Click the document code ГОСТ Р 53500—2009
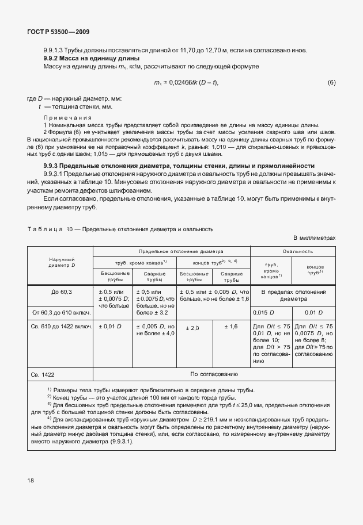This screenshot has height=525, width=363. [x=58, y=32]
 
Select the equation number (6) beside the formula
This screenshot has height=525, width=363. [x=331, y=83]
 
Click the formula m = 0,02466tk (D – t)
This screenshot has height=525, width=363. [x=186, y=83]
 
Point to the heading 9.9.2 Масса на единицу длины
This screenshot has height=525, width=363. [x=92, y=58]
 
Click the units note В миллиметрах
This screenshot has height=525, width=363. [x=314, y=237]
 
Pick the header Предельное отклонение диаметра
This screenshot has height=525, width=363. [x=172, y=251]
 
